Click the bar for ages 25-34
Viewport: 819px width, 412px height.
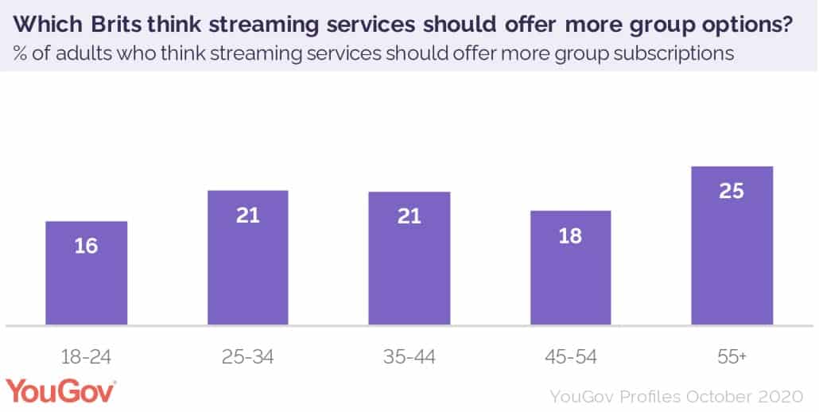tap(248, 258)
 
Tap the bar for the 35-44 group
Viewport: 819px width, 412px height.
tap(409, 258)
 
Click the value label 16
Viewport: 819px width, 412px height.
tap(86, 246)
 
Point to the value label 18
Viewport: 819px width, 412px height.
tap(571, 236)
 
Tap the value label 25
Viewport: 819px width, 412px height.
tap(732, 192)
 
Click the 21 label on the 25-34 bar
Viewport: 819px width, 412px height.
tap(248, 215)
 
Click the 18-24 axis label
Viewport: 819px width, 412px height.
tap(86, 357)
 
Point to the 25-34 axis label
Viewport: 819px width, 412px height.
tap(248, 357)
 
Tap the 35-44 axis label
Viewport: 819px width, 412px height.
tap(409, 357)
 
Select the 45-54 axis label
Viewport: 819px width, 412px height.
tap(571, 357)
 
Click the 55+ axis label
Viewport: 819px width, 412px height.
tap(732, 357)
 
